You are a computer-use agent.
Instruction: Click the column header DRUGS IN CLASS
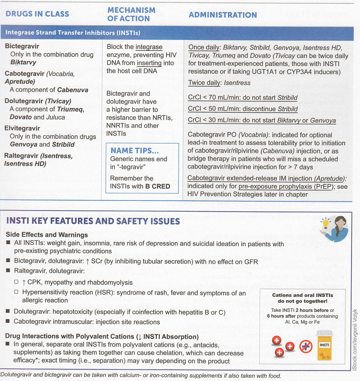point(37,14)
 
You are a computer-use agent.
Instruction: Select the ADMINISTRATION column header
point(223,15)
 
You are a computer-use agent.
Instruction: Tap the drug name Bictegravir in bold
point(22,46)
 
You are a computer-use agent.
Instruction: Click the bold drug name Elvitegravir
point(22,128)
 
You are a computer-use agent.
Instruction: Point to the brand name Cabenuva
point(73,90)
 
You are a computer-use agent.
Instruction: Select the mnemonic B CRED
point(158,186)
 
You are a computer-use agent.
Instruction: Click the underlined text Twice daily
point(204,83)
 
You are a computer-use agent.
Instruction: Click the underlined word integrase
point(149,47)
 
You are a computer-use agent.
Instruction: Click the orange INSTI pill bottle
point(324,345)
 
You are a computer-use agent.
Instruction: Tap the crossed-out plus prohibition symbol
point(306,346)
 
